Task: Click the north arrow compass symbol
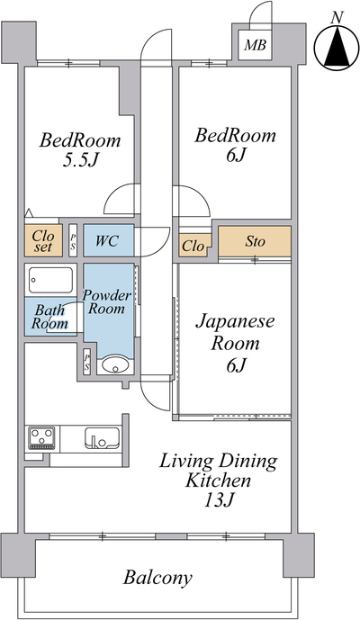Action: [x=337, y=47]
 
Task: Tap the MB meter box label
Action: [x=255, y=45]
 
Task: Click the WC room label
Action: [x=107, y=241]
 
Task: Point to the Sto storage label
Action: [x=255, y=241]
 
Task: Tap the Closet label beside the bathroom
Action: [x=43, y=241]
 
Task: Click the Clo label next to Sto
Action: [x=193, y=247]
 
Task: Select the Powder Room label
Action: [x=106, y=301]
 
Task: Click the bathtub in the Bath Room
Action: [x=50, y=280]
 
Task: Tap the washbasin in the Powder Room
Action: [x=115, y=365]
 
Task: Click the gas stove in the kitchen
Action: [x=41, y=437]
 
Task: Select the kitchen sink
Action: [x=102, y=438]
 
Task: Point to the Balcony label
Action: [x=157, y=578]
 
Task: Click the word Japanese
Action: [x=235, y=322]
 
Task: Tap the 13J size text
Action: [x=220, y=500]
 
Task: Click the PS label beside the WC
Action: [x=73, y=241]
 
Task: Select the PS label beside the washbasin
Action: [x=87, y=363]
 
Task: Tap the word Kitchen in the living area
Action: [x=218, y=481]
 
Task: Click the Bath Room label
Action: [x=49, y=317]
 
